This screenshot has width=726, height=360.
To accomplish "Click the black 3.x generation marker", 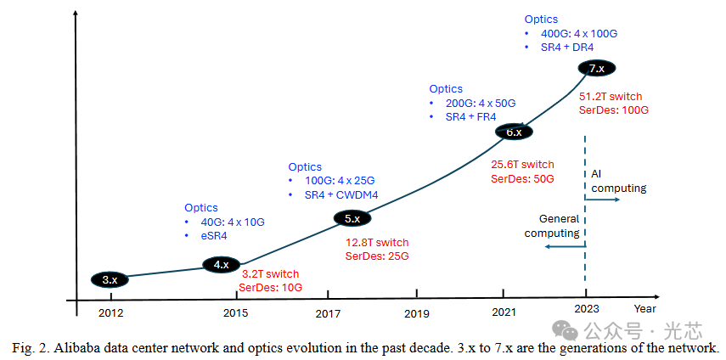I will pos(110,279).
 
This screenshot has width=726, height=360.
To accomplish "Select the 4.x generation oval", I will pos(221,264).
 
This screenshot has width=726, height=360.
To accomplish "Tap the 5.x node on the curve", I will pos(352,218).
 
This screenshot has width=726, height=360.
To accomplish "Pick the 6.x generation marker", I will pos(514,132).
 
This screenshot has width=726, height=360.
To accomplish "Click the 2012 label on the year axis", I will pos(110,312).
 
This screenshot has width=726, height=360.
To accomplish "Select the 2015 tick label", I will pos(235,312).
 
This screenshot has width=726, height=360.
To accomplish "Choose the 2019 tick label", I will pos(417,312).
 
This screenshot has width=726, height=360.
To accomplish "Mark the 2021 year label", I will pos(505,312).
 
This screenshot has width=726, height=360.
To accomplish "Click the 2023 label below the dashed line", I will pos(586,310).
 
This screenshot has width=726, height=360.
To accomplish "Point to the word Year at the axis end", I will pos(644,309).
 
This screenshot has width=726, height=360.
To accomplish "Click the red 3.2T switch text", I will pos(269,274).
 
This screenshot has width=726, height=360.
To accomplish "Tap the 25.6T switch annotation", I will pos(523,164).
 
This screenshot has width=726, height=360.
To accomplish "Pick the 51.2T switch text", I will pos(611,95).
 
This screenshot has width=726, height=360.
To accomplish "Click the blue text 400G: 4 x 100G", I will pos(579,33).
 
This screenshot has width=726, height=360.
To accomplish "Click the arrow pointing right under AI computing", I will pos(604,200).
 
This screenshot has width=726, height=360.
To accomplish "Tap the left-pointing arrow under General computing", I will pos(565,246).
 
